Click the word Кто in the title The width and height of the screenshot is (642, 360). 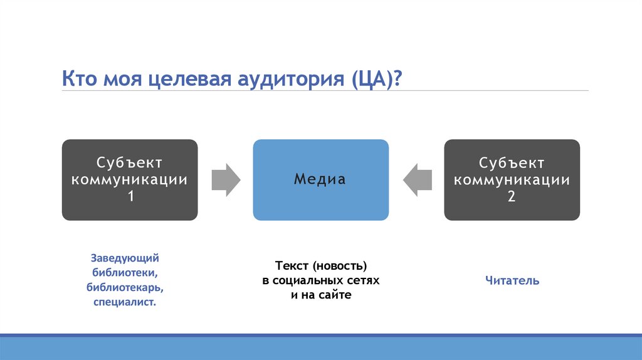click(79, 80)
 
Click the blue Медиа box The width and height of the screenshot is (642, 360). click(320, 179)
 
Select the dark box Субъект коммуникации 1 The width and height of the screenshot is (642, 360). click(129, 179)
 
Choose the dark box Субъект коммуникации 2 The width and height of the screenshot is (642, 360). click(512, 179)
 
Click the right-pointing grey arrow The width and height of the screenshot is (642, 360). click(225, 179)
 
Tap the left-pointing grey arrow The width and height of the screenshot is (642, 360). click(417, 179)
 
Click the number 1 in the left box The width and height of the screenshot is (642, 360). click(130, 196)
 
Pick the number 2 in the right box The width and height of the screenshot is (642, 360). click(512, 196)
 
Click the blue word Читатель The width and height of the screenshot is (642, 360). click(512, 281)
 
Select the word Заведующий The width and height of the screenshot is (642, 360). click(125, 258)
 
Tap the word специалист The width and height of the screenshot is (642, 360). click(125, 302)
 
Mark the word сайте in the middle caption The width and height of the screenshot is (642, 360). click(336, 295)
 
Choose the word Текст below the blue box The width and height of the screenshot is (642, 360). click(289, 266)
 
